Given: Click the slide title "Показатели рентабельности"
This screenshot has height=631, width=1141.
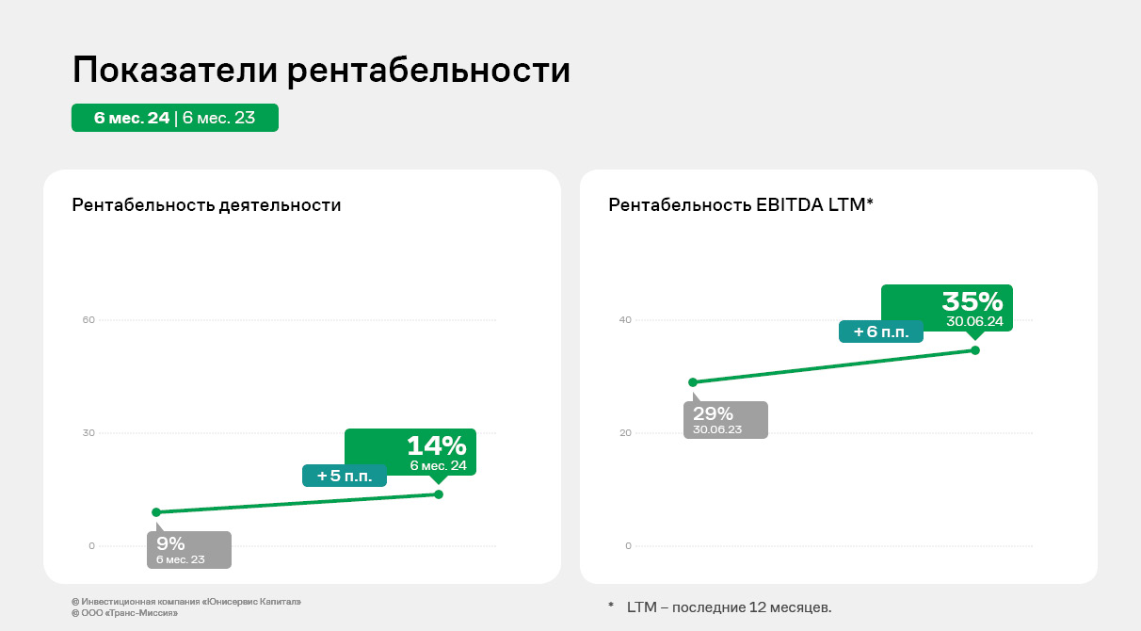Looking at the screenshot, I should coord(321,71).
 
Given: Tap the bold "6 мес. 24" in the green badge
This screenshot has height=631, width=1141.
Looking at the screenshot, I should coord(132,118).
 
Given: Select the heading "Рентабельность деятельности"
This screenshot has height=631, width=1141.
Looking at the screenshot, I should coord(206,205).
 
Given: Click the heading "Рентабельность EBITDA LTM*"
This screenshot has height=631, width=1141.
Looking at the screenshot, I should coord(741,205).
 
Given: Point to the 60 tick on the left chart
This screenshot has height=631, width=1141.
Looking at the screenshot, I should coord(89,320).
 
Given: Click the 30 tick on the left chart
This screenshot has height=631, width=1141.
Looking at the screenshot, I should coord(89,433).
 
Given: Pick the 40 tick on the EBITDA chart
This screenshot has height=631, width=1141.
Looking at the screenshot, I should coord(625,320).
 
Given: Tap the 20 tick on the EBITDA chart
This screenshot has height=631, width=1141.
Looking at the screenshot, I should coord(625,433).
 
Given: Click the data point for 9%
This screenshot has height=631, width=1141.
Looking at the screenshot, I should coord(156,512).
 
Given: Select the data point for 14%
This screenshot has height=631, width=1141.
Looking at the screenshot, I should coord(439,494).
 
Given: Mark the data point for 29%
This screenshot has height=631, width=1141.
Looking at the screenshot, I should coord(693,382).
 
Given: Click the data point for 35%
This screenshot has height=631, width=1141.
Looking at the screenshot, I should coord(975,350).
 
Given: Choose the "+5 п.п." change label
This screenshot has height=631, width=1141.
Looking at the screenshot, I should coord(345,477).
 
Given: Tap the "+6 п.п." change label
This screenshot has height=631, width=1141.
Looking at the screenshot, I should coord(881,332).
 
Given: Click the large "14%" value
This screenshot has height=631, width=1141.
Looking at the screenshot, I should coord(436,446).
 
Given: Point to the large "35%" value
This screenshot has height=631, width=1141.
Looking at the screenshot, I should coord(972,301).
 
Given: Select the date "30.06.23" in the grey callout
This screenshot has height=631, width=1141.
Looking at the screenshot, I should coord(717,429).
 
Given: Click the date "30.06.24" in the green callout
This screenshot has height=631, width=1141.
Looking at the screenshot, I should coord(975,322).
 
